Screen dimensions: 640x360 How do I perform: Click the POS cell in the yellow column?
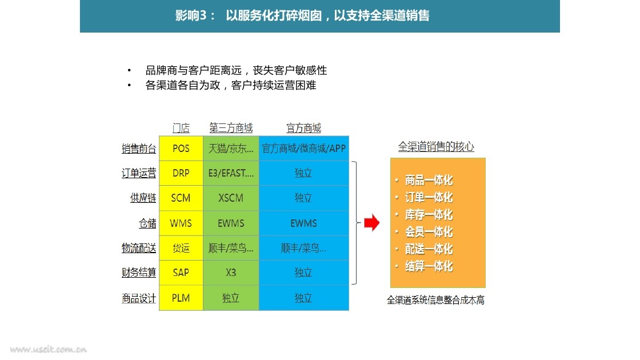click(x=181, y=149)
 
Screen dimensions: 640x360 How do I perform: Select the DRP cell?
click(x=181, y=173)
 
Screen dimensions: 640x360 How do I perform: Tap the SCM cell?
click(x=181, y=198)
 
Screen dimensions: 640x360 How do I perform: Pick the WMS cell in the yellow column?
click(x=181, y=223)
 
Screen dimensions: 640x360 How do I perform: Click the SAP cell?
click(x=181, y=273)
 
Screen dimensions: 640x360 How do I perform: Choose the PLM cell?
click(x=181, y=298)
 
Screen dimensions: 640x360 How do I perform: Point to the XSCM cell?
click(x=231, y=198)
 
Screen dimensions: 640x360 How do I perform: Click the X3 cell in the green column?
click(x=231, y=273)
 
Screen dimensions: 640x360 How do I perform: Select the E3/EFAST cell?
click(x=231, y=173)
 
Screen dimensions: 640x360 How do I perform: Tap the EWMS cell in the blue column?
click(x=303, y=223)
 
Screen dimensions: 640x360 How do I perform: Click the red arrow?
click(x=372, y=223)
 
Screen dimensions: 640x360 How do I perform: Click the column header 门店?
click(x=181, y=128)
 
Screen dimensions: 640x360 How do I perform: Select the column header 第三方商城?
click(x=231, y=128)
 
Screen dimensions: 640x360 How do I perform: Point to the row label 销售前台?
click(x=139, y=149)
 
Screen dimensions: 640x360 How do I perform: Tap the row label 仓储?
click(x=147, y=223)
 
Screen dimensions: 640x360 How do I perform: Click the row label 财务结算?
click(x=139, y=273)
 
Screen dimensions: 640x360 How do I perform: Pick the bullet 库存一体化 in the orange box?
click(x=429, y=215)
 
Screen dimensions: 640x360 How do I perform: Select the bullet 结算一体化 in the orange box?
click(x=429, y=266)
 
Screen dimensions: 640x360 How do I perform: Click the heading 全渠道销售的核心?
click(x=436, y=146)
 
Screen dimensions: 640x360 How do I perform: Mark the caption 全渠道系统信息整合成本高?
click(x=435, y=301)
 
